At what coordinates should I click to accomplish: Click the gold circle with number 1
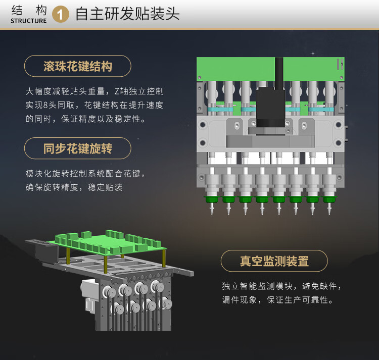point(61,14)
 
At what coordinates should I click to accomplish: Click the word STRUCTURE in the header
point(28,21)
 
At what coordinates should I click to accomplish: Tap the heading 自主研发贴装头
point(127,14)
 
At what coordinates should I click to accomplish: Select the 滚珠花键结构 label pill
point(78,66)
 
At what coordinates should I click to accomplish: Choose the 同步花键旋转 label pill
point(78,148)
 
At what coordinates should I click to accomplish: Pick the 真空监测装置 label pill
point(274,261)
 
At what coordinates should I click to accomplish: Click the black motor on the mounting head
point(270,108)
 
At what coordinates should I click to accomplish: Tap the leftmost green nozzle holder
point(212,199)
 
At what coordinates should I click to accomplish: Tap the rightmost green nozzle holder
point(329,199)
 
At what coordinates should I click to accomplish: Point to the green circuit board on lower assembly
point(108,243)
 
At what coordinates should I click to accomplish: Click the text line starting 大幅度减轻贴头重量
point(95,91)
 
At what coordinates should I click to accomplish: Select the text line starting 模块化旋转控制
point(85,173)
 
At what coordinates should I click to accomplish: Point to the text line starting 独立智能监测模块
point(281,286)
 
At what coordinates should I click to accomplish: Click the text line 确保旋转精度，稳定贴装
point(74,187)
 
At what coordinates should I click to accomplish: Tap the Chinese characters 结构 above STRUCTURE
point(29,11)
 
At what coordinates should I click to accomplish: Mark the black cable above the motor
point(279,72)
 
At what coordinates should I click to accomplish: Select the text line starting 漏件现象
point(277,300)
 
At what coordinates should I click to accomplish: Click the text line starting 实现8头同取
point(94,105)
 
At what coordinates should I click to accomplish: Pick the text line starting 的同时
point(85,119)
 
